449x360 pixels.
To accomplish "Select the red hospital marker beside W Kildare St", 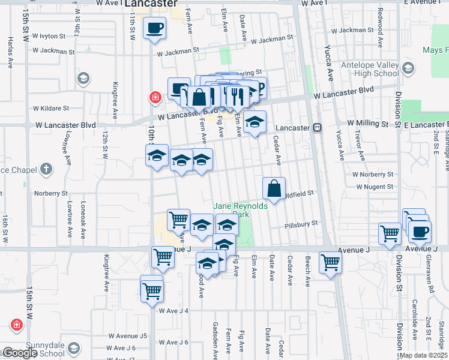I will coord(155,97).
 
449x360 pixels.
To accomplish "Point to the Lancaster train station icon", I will coord(316,127).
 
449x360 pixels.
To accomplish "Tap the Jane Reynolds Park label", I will coord(240,210).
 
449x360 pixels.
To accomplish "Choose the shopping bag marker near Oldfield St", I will coord(274,189).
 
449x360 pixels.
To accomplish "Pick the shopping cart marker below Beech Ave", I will coord(330,263).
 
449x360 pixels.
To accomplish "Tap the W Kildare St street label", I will coord(51,109).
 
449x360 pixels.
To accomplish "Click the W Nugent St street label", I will coord(374,187).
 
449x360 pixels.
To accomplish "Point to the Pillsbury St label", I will coord(301,223).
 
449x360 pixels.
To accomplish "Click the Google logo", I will coord(19,353).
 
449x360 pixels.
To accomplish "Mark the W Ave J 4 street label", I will coord(173,311).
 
